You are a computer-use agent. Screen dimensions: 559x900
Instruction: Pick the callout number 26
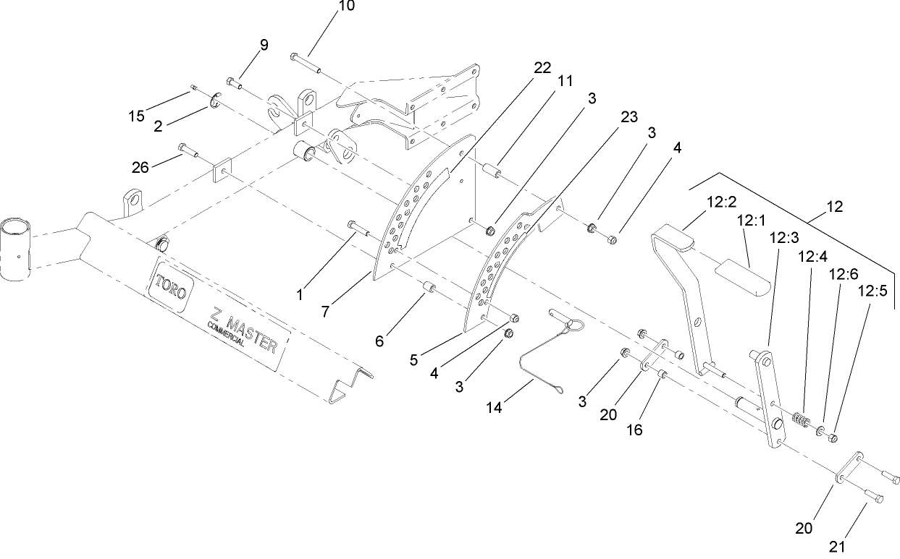click(x=140, y=167)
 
